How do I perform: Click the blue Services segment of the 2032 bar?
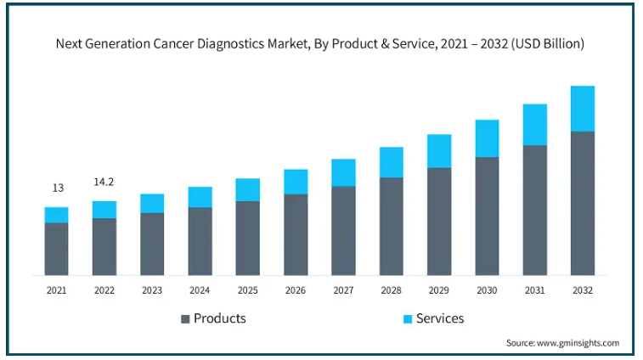click(x=582, y=109)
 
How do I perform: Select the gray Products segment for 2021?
click(x=56, y=249)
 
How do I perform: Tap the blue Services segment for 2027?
click(x=343, y=172)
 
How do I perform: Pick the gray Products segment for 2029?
click(x=438, y=221)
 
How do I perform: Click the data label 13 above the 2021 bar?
click(x=57, y=188)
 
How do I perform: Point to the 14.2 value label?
click(x=104, y=182)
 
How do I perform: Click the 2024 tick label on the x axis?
click(x=200, y=290)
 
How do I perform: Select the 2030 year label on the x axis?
click(x=487, y=290)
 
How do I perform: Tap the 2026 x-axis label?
click(x=296, y=290)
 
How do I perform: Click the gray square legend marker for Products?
click(x=184, y=319)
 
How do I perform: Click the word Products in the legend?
click(x=220, y=318)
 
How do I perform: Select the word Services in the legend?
click(x=441, y=318)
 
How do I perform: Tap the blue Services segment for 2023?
click(x=152, y=203)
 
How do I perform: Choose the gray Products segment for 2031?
click(x=534, y=210)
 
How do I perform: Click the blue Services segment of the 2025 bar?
click(x=247, y=189)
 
